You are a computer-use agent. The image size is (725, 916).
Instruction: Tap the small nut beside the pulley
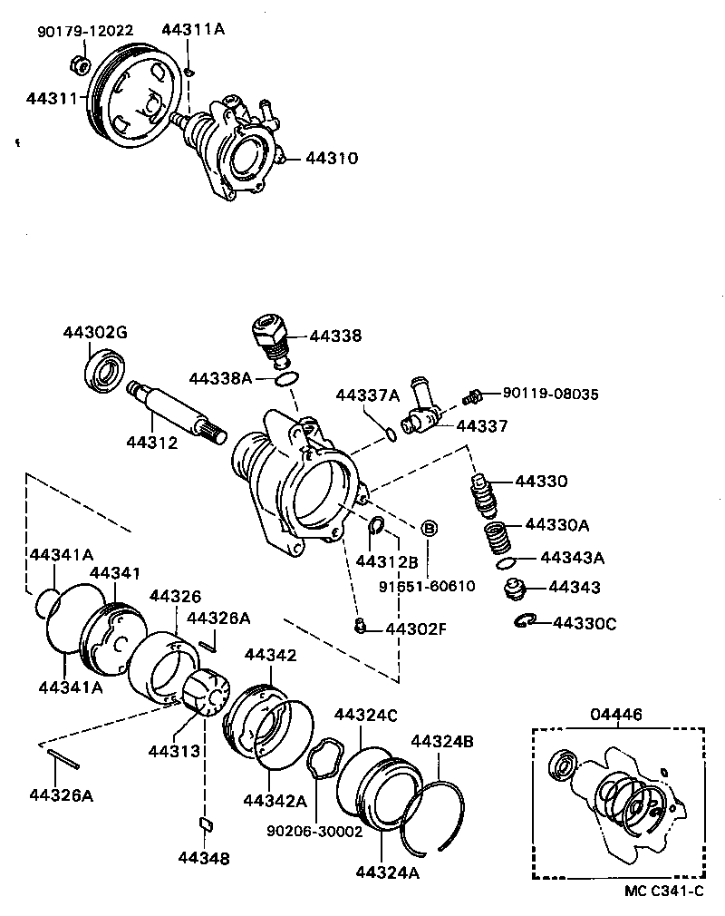(79, 64)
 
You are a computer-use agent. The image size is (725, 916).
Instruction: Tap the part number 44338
(334, 336)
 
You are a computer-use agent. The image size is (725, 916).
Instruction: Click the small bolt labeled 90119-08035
(469, 396)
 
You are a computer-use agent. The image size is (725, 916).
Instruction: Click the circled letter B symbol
(429, 528)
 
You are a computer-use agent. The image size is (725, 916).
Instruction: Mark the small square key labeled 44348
(204, 823)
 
